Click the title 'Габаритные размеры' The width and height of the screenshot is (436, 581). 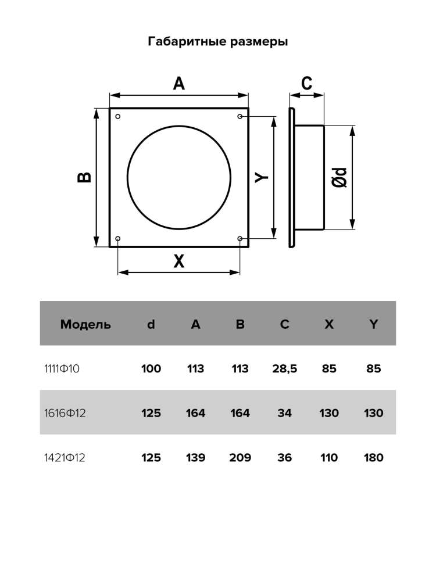click(x=218, y=41)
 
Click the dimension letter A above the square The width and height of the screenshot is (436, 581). click(x=178, y=84)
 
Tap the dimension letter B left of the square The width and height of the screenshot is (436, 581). click(x=84, y=177)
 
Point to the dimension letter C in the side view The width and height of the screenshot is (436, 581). click(x=306, y=83)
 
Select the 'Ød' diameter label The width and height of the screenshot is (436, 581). click(x=339, y=177)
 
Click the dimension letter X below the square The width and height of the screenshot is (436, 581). click(x=178, y=261)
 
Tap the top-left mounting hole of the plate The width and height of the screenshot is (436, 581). click(x=118, y=116)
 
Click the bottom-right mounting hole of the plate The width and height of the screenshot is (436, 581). click(x=240, y=238)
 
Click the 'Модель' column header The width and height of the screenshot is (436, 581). click(x=85, y=324)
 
